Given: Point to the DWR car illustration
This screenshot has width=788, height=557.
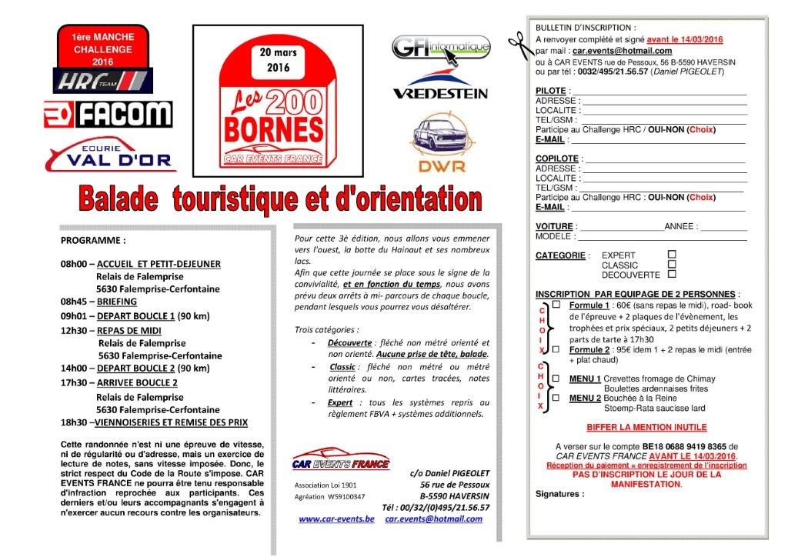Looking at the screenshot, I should tap(440, 134).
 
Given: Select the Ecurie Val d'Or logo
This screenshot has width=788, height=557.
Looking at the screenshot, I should tap(110, 156).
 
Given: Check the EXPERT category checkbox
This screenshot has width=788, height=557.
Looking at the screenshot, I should tap(672, 253).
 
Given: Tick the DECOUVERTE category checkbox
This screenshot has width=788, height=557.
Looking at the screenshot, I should tap(672, 273).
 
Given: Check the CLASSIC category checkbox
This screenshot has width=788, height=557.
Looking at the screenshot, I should tap(672, 263).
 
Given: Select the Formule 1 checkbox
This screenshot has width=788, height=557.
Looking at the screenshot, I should tap(556, 305).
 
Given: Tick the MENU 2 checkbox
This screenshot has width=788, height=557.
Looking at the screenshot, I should tap(556, 398).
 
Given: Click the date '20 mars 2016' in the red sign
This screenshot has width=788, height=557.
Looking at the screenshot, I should tap(277, 60).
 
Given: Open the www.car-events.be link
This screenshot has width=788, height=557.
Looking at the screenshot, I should tap(336, 519).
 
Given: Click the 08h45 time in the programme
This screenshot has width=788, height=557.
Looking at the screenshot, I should tap(76, 302).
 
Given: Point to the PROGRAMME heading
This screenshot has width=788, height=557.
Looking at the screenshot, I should tap(93, 240).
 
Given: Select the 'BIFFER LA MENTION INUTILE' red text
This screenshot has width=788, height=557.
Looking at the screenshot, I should tap(646, 427).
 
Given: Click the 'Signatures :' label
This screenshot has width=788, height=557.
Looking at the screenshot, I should tap(559, 494).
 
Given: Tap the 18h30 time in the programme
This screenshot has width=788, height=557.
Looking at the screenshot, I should tap(75, 422).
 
